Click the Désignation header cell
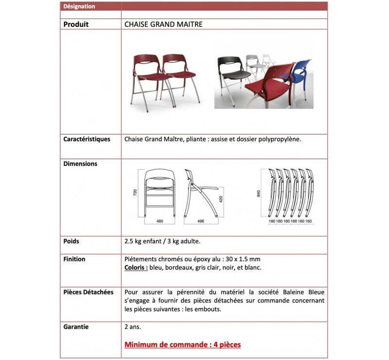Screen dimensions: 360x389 pyautogui.click(x=79, y=6)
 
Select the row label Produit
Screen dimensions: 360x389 pyautogui.click(x=76, y=24)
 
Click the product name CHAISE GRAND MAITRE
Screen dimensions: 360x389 pyautogui.click(x=163, y=24)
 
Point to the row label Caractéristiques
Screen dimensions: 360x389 pyautogui.click(x=87, y=139)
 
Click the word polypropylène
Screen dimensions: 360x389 pyautogui.click(x=280, y=139)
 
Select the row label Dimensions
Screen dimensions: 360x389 pyautogui.click(x=80, y=164)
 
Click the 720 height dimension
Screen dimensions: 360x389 pyautogui.click(x=136, y=192)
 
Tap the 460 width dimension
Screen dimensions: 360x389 pyautogui.click(x=159, y=221)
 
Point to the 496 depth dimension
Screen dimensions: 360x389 pyautogui.click(x=200, y=221)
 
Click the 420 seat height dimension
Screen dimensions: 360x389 pyautogui.click(x=220, y=199)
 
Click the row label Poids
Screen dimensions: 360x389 pyautogui.click(x=71, y=241)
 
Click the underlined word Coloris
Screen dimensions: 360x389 pyautogui.click(x=136, y=268)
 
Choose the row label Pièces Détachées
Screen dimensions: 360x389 pyautogui.click(x=88, y=292)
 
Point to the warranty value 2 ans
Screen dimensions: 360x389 pyautogui.click(x=133, y=327)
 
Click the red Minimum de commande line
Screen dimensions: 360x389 pyautogui.click(x=182, y=345)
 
